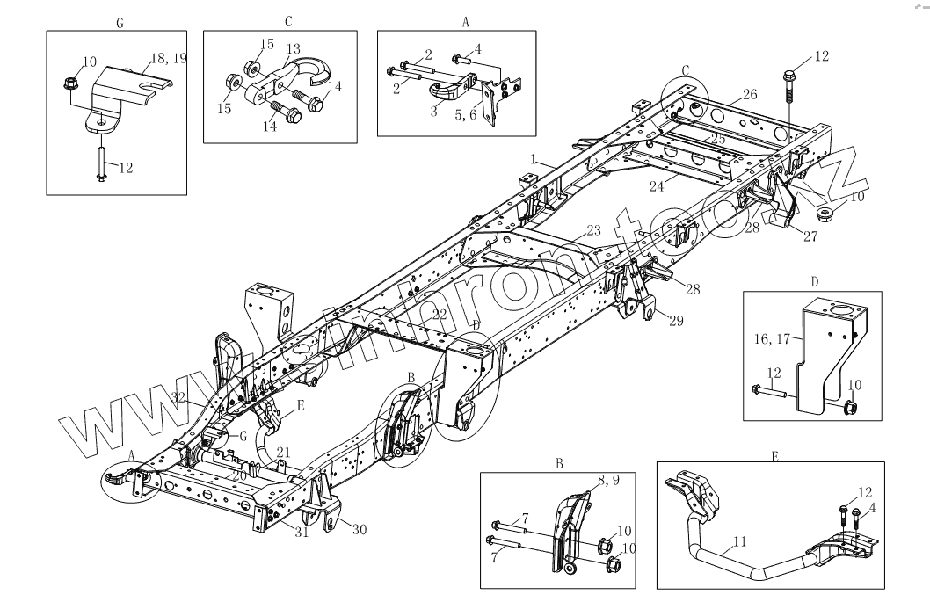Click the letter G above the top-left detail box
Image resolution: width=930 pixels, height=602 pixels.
click(x=119, y=23)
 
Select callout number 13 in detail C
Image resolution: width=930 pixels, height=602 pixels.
click(x=294, y=48)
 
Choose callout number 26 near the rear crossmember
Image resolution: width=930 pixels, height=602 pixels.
click(x=749, y=93)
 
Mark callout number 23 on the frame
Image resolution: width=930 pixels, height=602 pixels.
click(x=594, y=230)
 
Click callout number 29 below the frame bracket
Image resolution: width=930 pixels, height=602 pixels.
click(x=675, y=322)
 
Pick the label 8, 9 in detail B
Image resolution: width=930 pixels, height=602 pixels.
click(x=608, y=480)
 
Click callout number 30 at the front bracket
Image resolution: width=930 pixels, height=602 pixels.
click(x=358, y=528)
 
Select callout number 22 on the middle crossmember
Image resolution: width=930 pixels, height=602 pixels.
click(x=440, y=314)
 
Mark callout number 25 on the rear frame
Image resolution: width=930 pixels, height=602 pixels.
click(x=717, y=140)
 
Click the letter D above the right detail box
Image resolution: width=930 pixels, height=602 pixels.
click(x=815, y=282)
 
